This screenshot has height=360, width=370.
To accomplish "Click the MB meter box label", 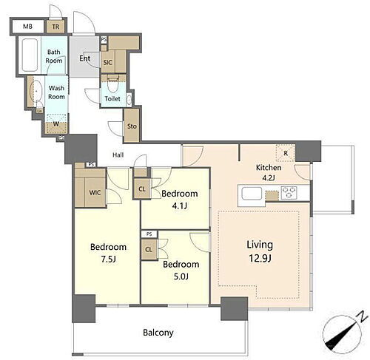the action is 27,26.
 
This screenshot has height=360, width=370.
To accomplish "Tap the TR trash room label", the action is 55,27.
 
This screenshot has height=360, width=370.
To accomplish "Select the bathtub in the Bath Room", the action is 30,55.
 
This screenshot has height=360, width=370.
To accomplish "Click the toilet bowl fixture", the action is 113,85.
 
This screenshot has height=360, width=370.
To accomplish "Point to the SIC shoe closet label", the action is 107,63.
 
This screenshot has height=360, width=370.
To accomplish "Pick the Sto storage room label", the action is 132,126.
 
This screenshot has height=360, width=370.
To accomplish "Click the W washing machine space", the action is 56,123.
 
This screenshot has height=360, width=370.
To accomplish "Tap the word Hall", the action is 118,155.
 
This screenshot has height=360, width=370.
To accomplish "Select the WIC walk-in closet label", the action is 95,192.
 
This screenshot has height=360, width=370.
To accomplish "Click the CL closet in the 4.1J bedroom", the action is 142,189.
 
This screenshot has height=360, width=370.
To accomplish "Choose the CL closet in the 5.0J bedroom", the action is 149,250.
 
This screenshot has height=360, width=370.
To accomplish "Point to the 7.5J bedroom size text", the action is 108,259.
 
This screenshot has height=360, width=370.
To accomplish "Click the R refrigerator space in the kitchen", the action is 286,153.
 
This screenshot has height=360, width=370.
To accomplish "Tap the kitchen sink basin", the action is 252,194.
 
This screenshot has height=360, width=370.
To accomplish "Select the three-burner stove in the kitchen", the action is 289,193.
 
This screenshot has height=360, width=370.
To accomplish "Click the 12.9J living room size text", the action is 260,259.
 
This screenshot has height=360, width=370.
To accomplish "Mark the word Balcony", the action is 158,333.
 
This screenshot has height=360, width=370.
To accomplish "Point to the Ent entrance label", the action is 84,58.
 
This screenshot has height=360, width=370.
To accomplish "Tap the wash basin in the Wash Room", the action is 36,90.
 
